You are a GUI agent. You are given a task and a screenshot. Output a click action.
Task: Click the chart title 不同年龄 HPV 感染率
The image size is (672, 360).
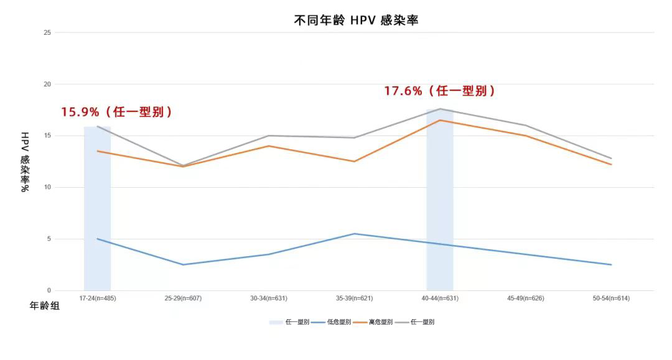[356, 20]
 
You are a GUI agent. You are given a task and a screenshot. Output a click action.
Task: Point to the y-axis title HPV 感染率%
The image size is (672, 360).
[25, 162]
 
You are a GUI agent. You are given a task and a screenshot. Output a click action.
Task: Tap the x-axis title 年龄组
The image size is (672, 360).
[45, 306]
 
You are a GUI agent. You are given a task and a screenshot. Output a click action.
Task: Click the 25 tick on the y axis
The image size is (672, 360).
[47, 32]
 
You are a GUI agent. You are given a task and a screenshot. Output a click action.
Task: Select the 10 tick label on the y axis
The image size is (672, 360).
[47, 187]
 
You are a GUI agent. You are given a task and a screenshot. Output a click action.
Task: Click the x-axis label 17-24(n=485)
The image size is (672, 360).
[98, 298]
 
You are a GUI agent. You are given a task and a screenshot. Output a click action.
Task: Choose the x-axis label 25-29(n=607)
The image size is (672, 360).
[183, 298]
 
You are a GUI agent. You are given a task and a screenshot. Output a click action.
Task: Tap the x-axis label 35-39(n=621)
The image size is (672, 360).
[354, 298]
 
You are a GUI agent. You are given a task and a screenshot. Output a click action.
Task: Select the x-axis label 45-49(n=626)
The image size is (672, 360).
[526, 298]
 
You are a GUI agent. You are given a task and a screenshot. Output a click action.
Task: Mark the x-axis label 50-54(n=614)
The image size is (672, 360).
[611, 298]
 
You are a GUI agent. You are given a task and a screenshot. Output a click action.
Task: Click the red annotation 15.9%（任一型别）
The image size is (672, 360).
[116, 112]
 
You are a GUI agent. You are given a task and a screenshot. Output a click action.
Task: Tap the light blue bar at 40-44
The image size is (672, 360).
[440, 199]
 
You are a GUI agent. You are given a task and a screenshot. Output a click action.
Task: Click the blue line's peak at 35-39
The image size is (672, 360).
[355, 234]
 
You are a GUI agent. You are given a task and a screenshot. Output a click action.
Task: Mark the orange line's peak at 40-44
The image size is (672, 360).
[440, 120]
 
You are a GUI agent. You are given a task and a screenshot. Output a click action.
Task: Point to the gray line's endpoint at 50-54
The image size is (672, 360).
[611, 159]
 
